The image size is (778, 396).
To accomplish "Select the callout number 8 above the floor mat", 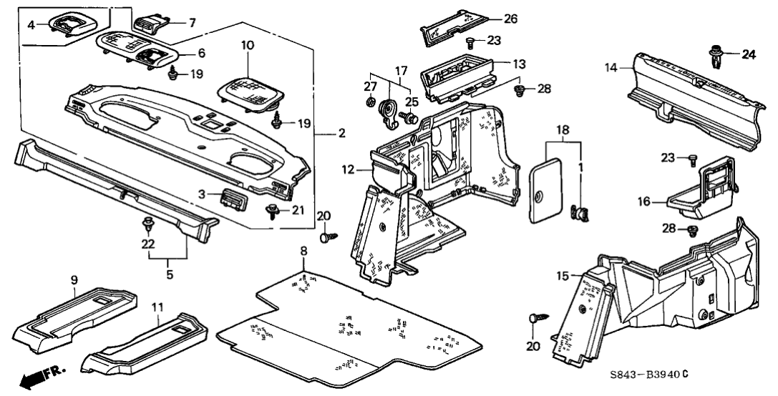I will [303, 251].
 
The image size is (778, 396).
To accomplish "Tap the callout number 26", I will [510, 19].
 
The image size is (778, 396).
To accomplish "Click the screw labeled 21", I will [273, 210].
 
